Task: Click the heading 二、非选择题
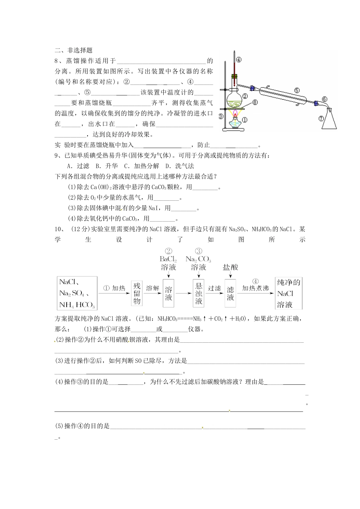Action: point(74,50)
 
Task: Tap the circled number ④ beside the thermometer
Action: point(239,59)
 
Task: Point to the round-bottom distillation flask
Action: point(235,99)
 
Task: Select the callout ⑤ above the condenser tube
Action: point(297,90)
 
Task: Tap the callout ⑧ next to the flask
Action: point(255,102)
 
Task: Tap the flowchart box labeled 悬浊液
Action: point(199,293)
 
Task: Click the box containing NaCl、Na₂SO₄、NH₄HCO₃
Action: point(77,293)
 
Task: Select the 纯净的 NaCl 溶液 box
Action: point(289,293)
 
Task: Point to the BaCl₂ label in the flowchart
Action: point(168,259)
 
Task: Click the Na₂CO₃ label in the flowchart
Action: point(198,259)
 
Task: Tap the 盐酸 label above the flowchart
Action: point(230,267)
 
